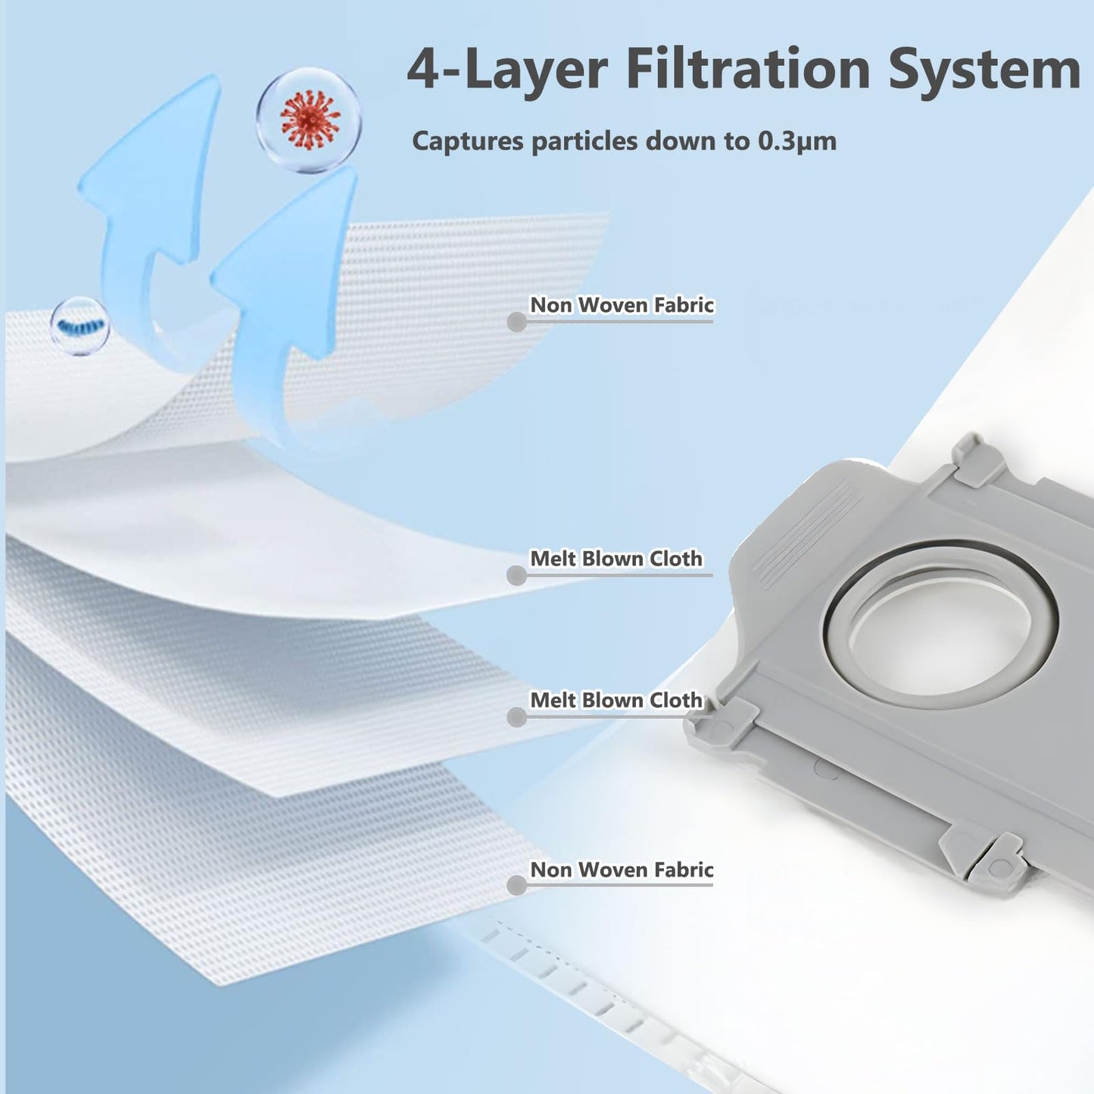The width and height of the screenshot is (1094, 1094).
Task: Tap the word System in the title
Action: pos(983,69)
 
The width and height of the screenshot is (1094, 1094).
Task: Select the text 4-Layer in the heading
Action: pos(507,69)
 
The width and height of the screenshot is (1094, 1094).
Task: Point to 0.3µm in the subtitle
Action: pos(796,142)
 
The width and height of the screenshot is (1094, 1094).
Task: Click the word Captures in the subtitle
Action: pos(468,142)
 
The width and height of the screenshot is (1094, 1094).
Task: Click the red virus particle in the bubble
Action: pos(309,120)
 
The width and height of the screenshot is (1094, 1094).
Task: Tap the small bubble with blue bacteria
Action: pos(80,326)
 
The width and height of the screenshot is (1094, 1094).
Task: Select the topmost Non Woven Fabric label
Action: pos(622,305)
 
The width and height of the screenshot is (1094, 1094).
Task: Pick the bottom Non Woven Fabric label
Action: pos(622,870)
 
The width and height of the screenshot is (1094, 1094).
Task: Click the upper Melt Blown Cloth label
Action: pos(616,559)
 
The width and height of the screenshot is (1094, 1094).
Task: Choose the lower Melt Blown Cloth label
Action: pos(616,700)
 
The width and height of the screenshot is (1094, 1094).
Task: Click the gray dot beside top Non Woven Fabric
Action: pos(516,323)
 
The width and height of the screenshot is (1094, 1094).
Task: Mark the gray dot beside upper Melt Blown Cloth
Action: pos(516,575)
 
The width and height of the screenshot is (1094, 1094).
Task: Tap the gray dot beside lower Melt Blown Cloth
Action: pos(516,717)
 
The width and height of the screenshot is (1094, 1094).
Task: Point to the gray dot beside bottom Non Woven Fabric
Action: pos(516,886)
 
